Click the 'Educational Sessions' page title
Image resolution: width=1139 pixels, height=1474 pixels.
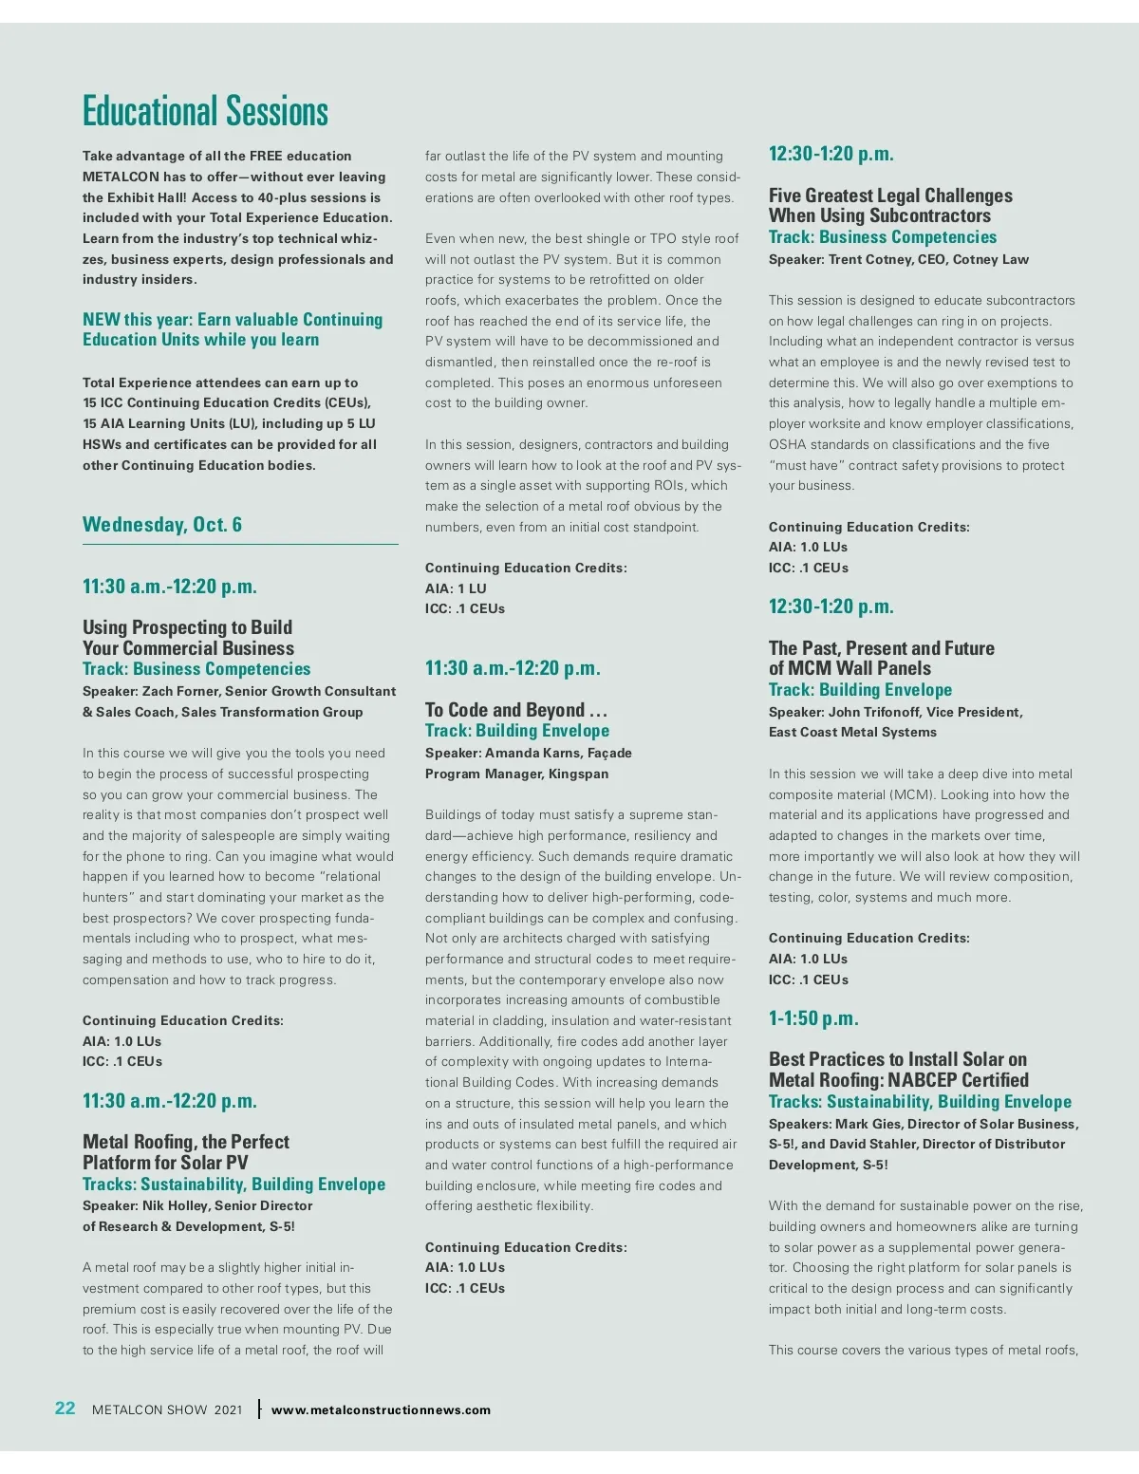[x=205, y=111]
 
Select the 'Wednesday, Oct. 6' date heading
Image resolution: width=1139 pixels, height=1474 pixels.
[x=162, y=525]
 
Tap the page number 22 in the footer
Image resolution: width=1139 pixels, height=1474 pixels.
[x=65, y=1409]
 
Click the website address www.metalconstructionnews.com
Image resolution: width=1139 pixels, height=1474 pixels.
[x=381, y=1410]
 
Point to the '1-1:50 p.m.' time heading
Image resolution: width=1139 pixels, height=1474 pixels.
[x=813, y=1018]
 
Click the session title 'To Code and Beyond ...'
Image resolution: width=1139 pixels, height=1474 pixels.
[x=516, y=710]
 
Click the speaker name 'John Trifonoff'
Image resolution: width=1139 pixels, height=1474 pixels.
[x=871, y=712]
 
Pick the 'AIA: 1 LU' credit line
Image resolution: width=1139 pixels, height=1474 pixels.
[x=456, y=588]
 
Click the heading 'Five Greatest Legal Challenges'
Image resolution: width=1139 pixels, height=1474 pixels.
[x=890, y=196]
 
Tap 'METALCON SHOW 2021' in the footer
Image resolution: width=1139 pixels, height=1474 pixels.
[x=167, y=1410]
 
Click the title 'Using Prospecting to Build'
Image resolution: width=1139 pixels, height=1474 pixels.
[x=187, y=627]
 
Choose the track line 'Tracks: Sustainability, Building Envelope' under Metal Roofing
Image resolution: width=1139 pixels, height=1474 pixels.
[x=233, y=1184]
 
